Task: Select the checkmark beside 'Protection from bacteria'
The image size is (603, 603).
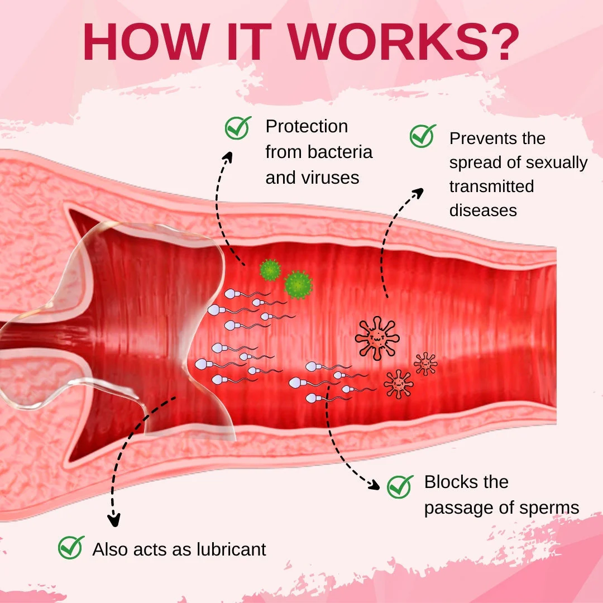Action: [x=238, y=127]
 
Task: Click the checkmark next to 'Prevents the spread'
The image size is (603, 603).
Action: [x=423, y=136]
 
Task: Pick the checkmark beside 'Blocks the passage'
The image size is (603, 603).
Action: [x=400, y=486]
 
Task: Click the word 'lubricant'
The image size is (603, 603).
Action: [x=231, y=549]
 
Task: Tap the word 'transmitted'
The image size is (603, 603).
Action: [x=491, y=186]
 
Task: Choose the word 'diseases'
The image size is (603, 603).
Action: [x=483, y=210]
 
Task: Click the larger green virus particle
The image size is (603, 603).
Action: [x=298, y=285]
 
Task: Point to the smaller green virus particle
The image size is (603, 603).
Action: [x=270, y=270]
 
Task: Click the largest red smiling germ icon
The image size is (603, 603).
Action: [x=377, y=338]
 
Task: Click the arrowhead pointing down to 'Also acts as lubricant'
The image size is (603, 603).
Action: [x=113, y=520]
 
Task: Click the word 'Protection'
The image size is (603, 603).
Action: [x=307, y=127]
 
